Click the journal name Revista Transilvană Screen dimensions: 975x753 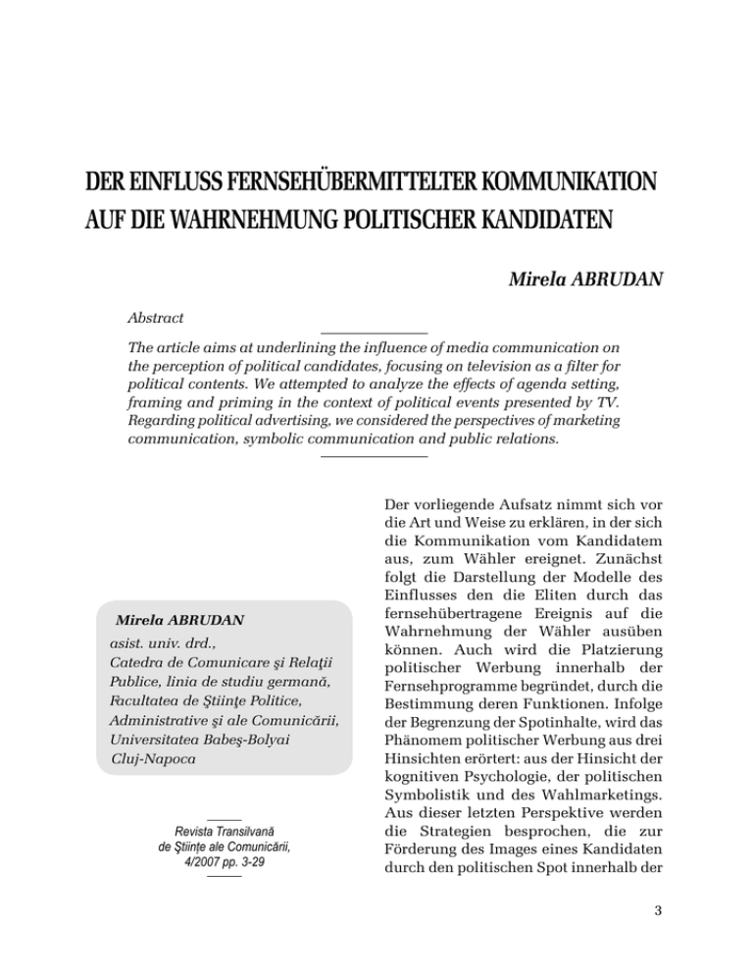pos(225,834)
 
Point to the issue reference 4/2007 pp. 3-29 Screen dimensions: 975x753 pos(225,865)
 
